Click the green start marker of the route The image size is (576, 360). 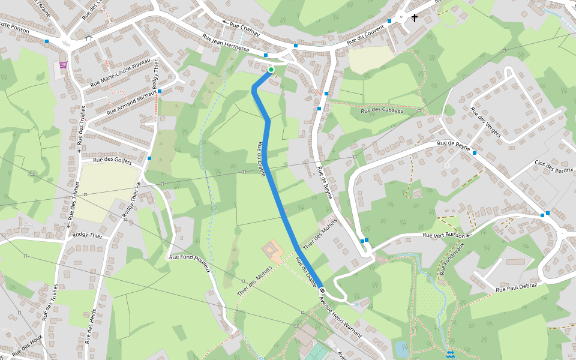tap(271, 70)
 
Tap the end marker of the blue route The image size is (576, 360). tap(322, 290)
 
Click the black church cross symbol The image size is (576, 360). tap(414, 18)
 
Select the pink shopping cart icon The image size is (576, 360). tap(63, 65)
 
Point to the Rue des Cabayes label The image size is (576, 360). tap(382, 111)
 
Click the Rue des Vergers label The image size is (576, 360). tap(485, 122)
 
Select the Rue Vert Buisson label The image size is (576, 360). tap(445, 235)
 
